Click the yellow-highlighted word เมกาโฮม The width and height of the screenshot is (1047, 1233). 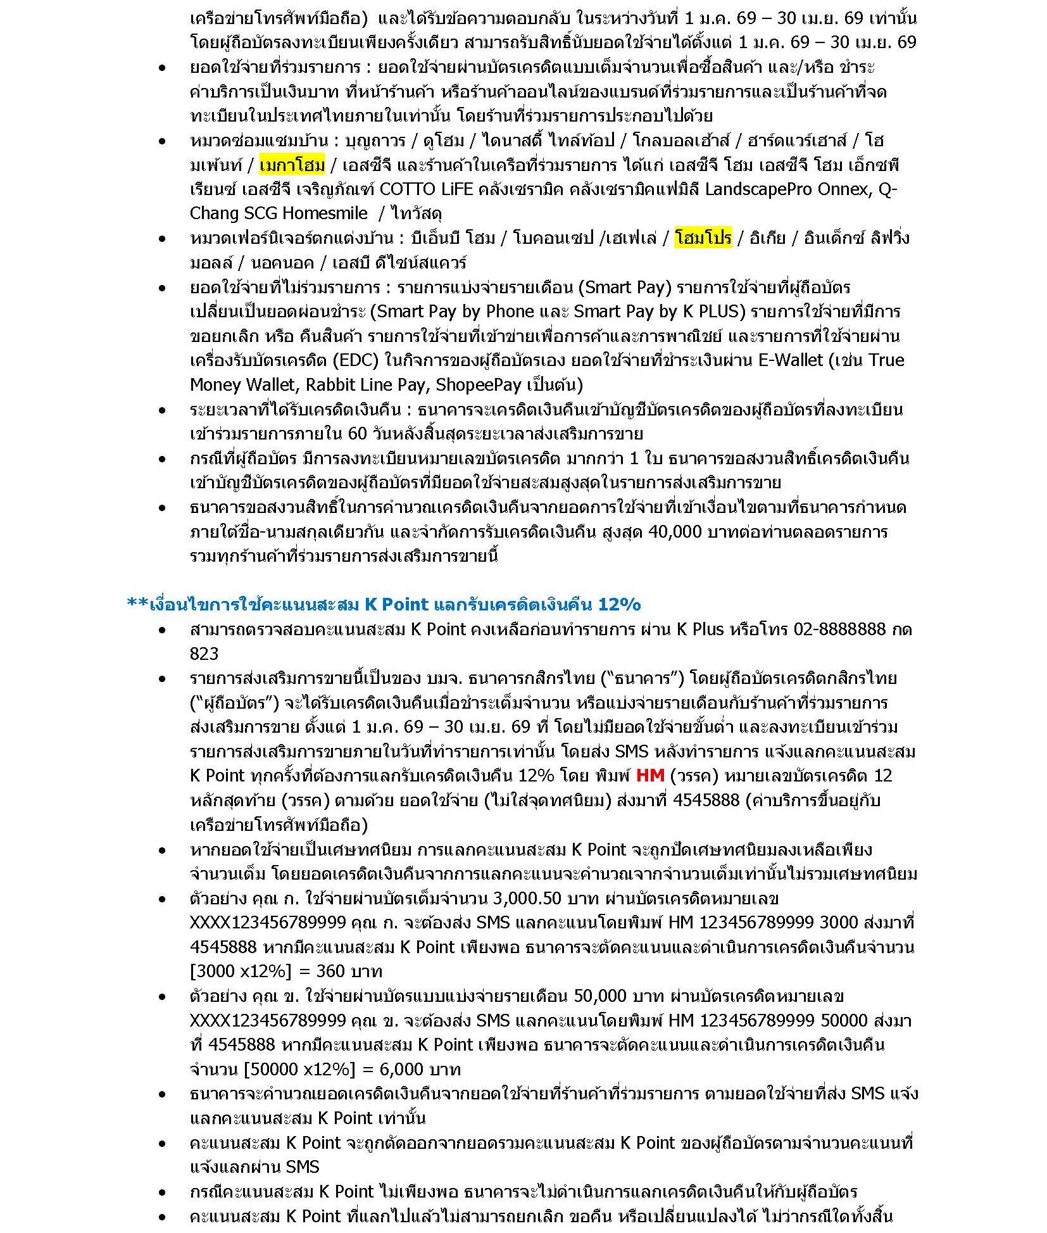(x=292, y=165)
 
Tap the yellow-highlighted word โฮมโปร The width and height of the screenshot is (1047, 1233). (x=703, y=238)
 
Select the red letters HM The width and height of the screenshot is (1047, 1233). (x=649, y=776)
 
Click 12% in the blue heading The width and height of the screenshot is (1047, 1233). (x=619, y=604)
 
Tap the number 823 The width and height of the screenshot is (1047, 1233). (x=204, y=654)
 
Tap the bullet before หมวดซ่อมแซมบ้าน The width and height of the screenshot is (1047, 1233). (x=163, y=141)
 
